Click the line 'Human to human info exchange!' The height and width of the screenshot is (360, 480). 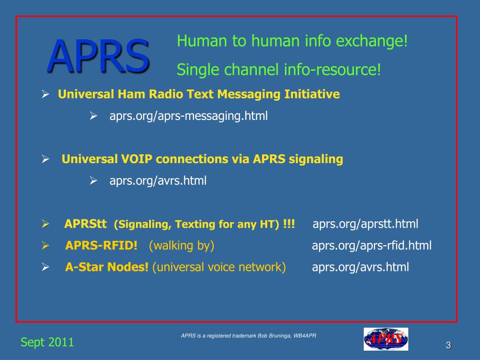tap(292, 42)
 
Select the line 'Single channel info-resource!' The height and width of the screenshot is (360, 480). tap(279, 70)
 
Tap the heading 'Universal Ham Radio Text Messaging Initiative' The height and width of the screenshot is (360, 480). tap(199, 95)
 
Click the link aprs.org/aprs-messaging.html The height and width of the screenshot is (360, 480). tap(188, 116)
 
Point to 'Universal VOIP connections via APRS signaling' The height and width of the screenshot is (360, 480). tap(202, 159)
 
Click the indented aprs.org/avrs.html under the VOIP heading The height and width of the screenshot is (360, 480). tap(158, 180)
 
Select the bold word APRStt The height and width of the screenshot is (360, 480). tap(86, 224)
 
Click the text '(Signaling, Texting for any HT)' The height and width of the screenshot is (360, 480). tap(197, 225)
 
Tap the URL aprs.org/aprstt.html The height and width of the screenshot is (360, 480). tap(365, 224)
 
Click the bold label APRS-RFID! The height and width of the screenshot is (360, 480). tap(101, 246)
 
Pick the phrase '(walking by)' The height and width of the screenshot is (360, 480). tap(181, 246)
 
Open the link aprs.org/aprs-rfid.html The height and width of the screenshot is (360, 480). tap(372, 246)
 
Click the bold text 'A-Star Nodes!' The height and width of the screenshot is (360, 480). tap(107, 267)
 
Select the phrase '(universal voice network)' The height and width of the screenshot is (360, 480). tap(219, 267)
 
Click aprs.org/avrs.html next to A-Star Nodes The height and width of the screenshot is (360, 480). tap(360, 267)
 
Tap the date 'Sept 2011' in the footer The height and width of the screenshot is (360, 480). tap(47, 342)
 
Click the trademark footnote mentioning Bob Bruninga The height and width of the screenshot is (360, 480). tap(249, 336)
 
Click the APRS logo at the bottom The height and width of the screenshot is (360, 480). tap(386, 339)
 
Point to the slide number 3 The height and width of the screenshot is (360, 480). tap(448, 346)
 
